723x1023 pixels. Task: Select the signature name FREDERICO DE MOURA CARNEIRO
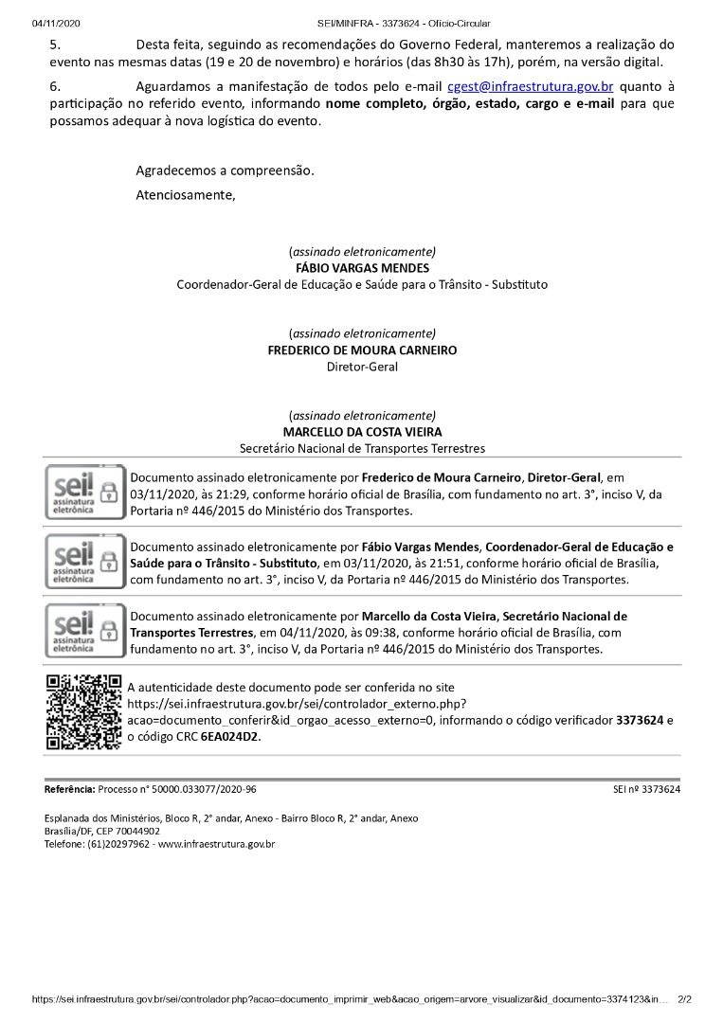pyautogui.click(x=362, y=350)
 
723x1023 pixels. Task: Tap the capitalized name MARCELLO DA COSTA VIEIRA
pyautogui.click(x=362, y=432)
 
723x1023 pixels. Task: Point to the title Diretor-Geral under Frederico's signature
pyautogui.click(x=362, y=367)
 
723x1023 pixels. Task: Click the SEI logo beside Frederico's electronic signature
pyautogui.click(x=85, y=493)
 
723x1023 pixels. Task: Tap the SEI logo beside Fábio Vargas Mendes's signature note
pyautogui.click(x=85, y=562)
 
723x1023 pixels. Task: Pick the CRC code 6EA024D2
pyautogui.click(x=230, y=737)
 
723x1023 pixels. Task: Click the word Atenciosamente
pyautogui.click(x=185, y=195)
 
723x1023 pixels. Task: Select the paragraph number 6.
pyautogui.click(x=54, y=86)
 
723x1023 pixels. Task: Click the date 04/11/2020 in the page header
pyautogui.click(x=56, y=23)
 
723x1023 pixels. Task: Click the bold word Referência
pyautogui.click(x=69, y=789)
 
